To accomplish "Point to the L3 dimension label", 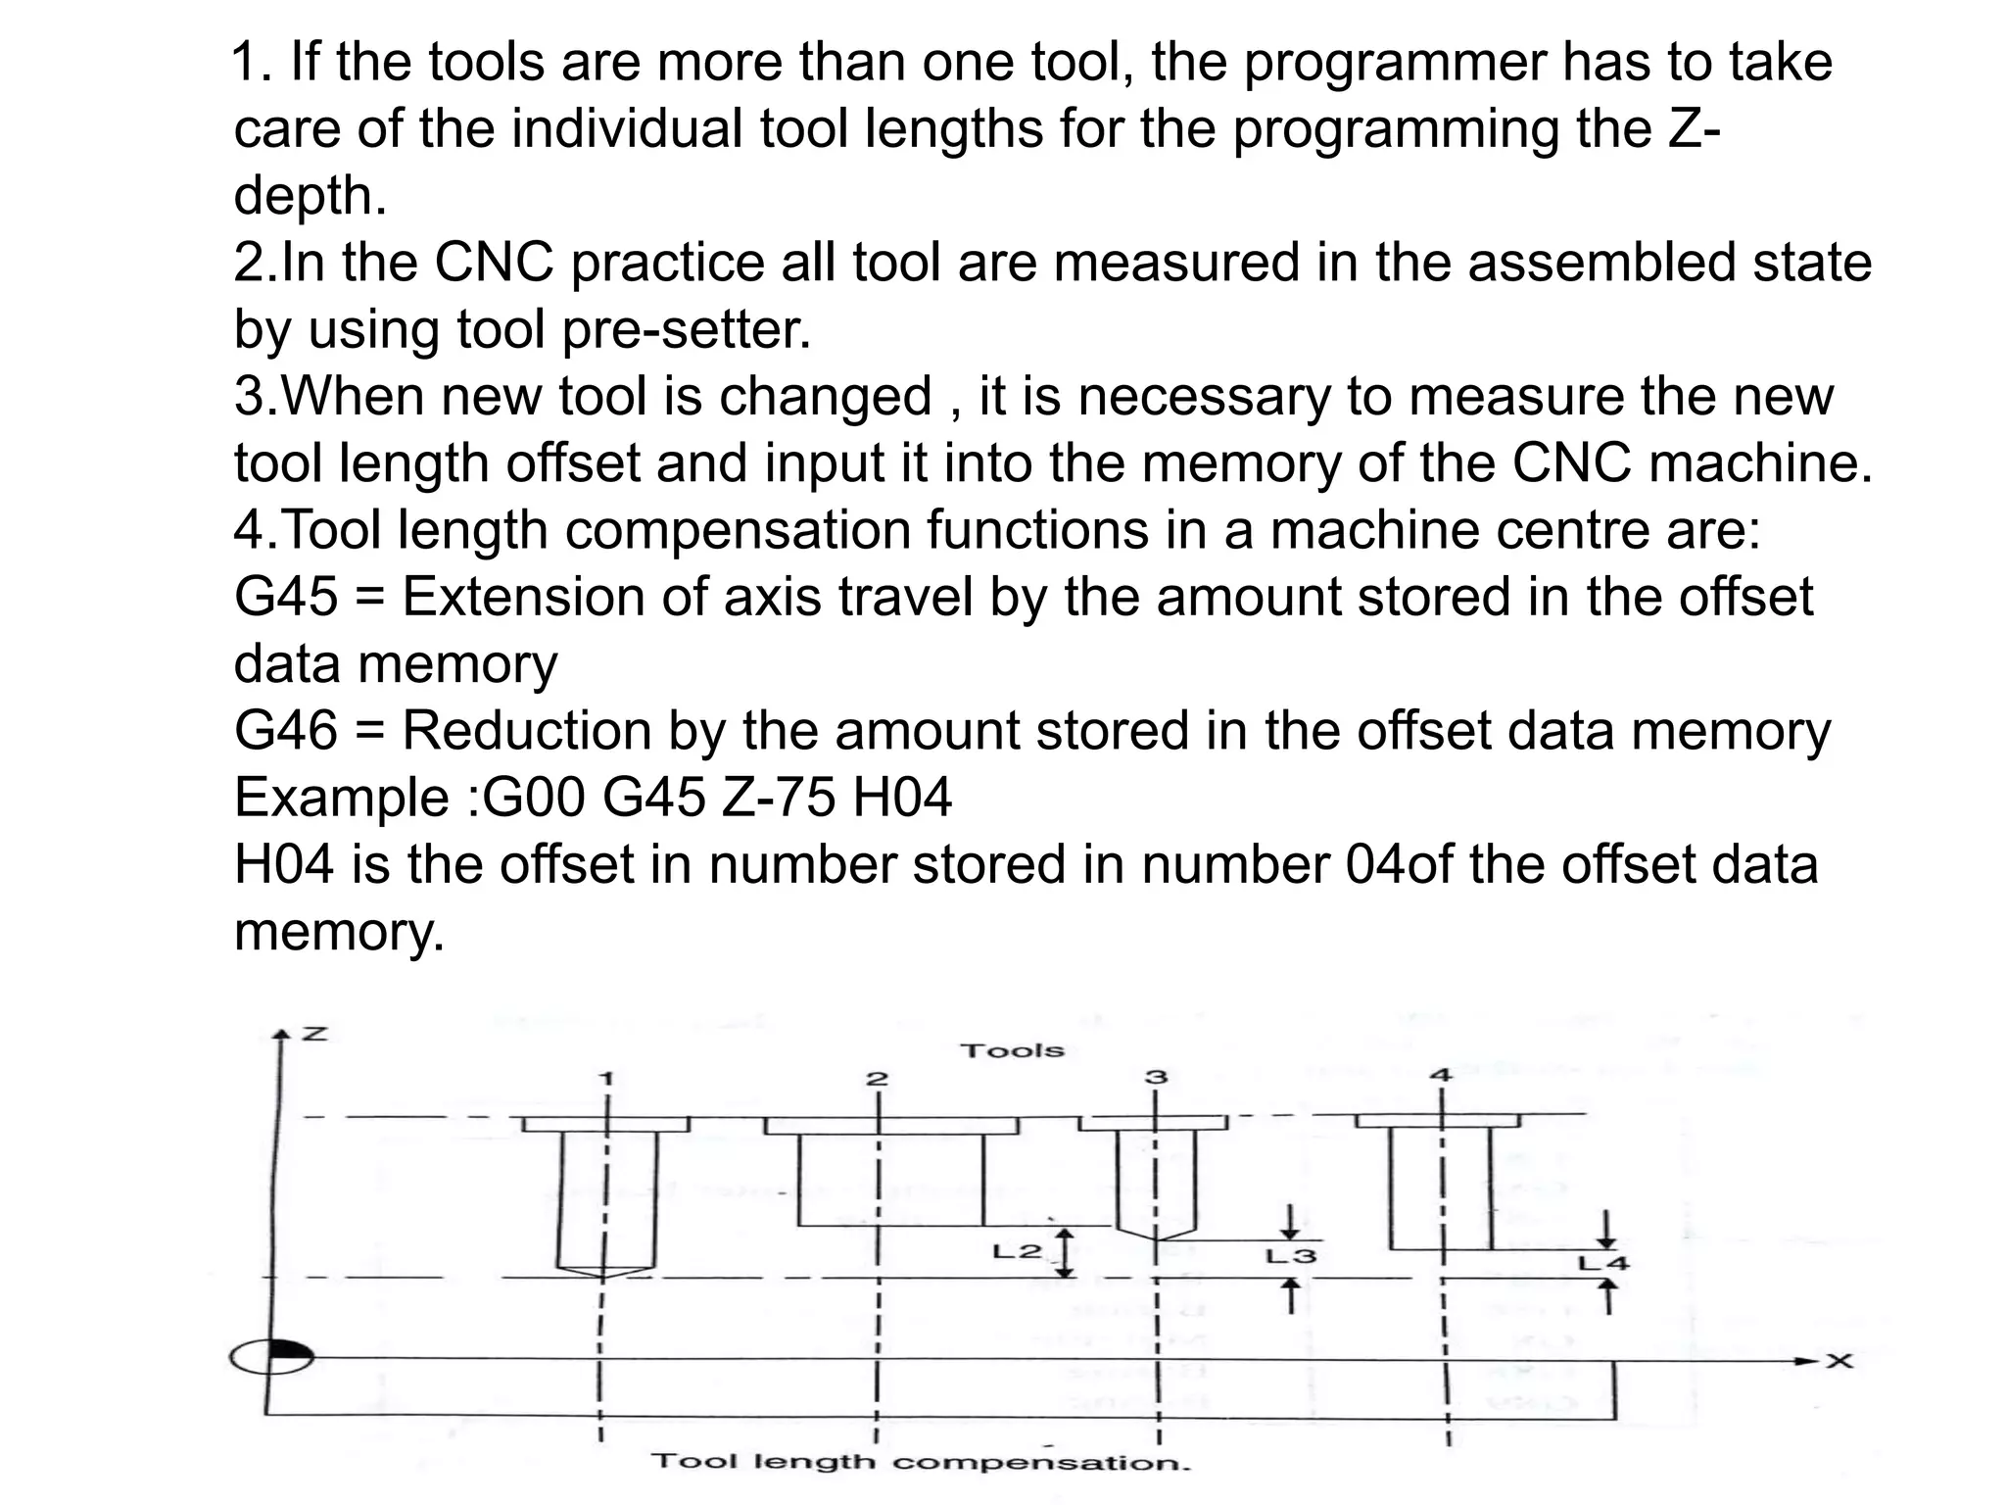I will (x=1291, y=1256).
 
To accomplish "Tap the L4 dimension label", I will (x=1602, y=1263).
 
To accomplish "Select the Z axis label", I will (x=313, y=1035).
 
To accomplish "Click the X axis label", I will (x=1839, y=1361).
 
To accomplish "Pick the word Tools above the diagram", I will (x=1012, y=1050).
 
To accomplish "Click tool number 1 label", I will (x=606, y=1079).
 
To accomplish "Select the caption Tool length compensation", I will (x=921, y=1463).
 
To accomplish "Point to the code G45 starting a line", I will (x=285, y=596).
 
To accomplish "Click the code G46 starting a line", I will (x=285, y=730).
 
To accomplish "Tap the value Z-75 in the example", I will (x=779, y=797).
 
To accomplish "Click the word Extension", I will (x=523, y=596).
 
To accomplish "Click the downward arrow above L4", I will (x=1604, y=1227).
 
